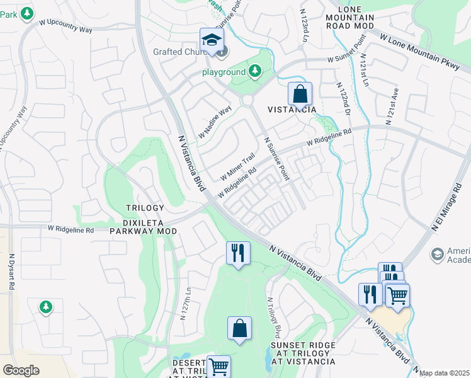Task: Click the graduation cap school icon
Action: click(x=212, y=39)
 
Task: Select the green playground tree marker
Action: click(x=255, y=72)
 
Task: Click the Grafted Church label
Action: click(x=181, y=52)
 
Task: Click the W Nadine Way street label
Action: click(x=215, y=123)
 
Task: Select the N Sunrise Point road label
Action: click(x=276, y=159)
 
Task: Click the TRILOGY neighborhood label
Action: click(x=145, y=208)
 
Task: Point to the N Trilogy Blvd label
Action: click(x=273, y=316)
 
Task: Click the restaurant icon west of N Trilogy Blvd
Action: click(x=238, y=253)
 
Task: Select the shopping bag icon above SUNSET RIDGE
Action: click(x=239, y=328)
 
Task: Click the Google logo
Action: click(x=21, y=370)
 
